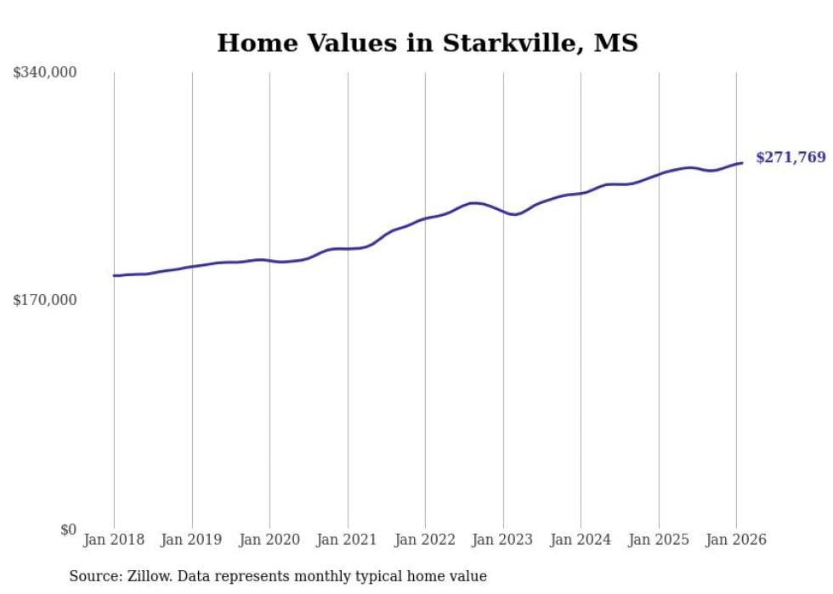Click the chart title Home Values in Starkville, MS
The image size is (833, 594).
click(x=427, y=42)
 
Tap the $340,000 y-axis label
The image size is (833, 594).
click(x=45, y=73)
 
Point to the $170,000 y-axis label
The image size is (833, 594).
click(x=45, y=300)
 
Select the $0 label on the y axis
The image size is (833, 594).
click(x=68, y=529)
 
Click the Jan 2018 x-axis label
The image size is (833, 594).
click(x=114, y=540)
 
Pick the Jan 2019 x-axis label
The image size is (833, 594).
click(x=192, y=540)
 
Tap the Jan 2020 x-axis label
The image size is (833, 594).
click(x=269, y=540)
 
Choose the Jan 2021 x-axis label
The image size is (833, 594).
click(x=348, y=540)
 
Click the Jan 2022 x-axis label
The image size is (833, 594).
click(x=425, y=540)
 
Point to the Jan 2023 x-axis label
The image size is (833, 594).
click(x=503, y=540)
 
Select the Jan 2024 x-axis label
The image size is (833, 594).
click(x=581, y=540)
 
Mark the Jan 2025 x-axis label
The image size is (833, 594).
click(x=659, y=540)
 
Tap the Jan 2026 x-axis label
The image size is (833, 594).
click(x=736, y=540)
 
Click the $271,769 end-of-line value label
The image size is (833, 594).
click(x=790, y=157)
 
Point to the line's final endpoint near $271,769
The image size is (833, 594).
click(x=742, y=162)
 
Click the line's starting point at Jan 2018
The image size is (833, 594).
click(x=114, y=275)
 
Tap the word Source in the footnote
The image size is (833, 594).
click(x=93, y=576)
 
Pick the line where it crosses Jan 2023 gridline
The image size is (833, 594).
click(x=503, y=212)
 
